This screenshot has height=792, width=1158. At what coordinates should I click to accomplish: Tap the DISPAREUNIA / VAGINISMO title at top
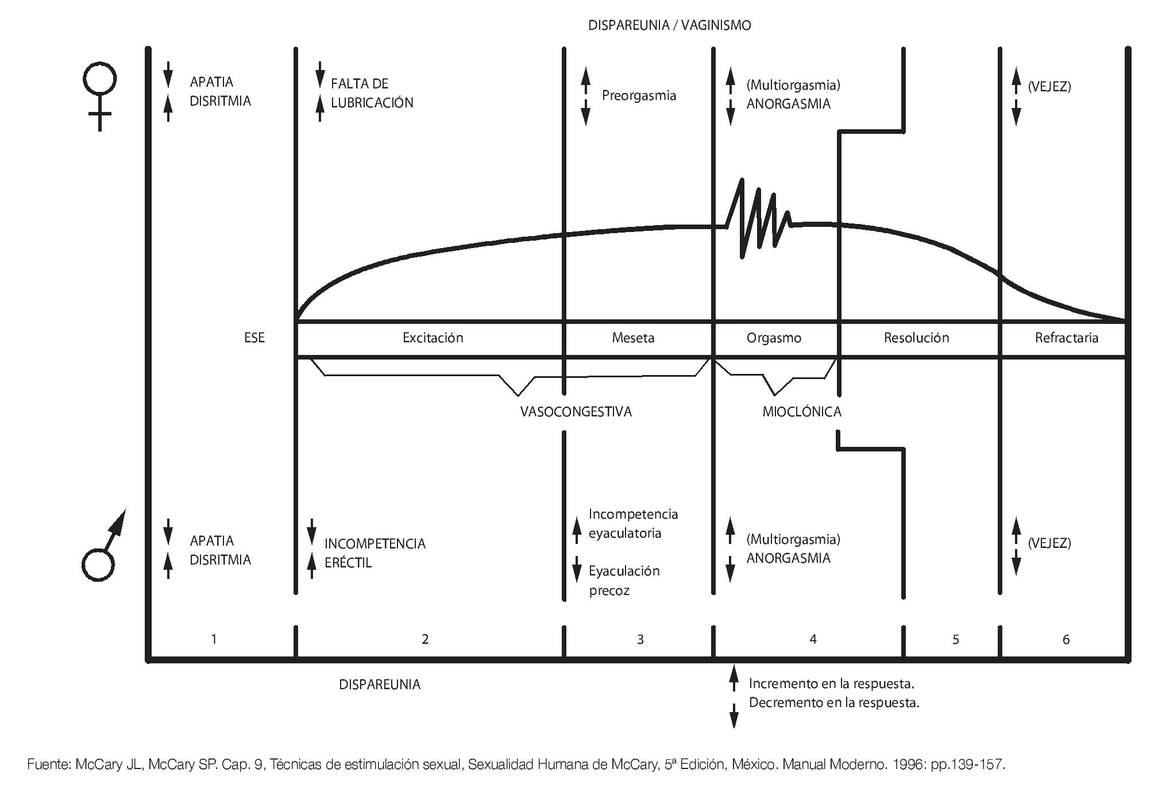pyautogui.click(x=669, y=26)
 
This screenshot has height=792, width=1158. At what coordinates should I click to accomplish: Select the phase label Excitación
pyautogui.click(x=433, y=338)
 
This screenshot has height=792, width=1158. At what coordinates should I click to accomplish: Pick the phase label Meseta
pyautogui.click(x=633, y=338)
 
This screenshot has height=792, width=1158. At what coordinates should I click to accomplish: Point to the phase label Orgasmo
pyautogui.click(x=774, y=338)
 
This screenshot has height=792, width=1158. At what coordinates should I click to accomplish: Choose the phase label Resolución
pyautogui.click(x=916, y=338)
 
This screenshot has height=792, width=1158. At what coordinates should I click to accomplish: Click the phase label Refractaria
pyautogui.click(x=1066, y=338)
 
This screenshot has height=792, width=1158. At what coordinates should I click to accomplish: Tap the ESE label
pyautogui.click(x=254, y=338)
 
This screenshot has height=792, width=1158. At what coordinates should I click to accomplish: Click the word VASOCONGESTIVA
pyautogui.click(x=576, y=412)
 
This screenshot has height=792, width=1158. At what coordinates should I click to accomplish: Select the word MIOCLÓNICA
pyautogui.click(x=801, y=412)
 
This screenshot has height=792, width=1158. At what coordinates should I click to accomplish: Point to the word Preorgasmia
pyautogui.click(x=639, y=95)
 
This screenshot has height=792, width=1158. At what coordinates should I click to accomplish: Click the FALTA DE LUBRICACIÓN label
pyautogui.click(x=371, y=93)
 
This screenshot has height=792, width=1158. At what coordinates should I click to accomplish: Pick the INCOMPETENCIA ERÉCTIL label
pyautogui.click(x=375, y=553)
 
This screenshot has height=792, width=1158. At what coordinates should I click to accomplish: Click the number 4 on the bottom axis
pyautogui.click(x=813, y=639)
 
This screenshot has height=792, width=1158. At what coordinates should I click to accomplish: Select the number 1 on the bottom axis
pyautogui.click(x=214, y=639)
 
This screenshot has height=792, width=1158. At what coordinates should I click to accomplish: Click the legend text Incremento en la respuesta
pyautogui.click(x=831, y=684)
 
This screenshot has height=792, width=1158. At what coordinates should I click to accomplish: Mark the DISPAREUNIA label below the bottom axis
pyautogui.click(x=380, y=685)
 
